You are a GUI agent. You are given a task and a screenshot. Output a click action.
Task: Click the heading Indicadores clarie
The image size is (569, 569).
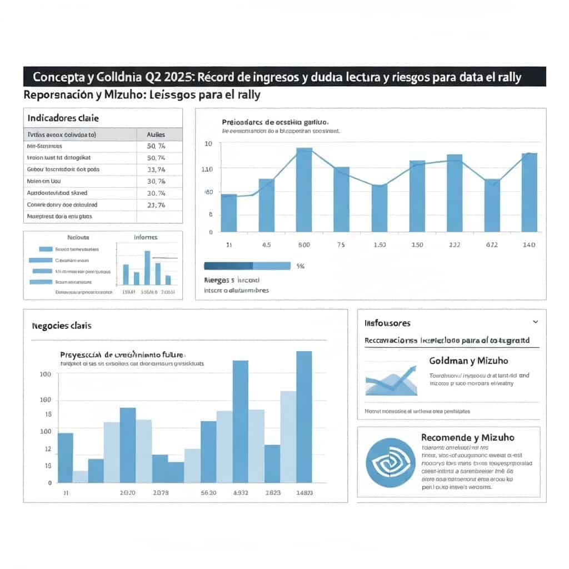click(x=63, y=118)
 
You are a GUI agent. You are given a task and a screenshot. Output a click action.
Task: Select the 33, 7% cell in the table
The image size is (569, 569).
click(x=156, y=169)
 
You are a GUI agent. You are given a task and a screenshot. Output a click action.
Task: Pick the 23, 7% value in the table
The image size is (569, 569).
click(x=156, y=205)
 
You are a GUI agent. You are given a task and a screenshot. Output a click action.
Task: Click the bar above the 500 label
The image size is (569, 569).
click(x=304, y=189)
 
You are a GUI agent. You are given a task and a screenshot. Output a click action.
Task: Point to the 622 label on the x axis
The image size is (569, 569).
click(x=492, y=244)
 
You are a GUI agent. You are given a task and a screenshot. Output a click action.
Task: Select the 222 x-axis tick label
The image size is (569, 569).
click(x=455, y=244)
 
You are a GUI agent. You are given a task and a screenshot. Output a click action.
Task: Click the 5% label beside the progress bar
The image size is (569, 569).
click(x=301, y=266)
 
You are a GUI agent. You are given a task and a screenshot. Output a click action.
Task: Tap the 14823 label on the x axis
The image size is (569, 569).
click(x=305, y=493)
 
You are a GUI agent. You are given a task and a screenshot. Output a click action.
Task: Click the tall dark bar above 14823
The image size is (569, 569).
click(x=304, y=417)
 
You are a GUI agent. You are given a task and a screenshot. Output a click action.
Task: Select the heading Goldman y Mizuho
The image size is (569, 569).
click(x=468, y=361)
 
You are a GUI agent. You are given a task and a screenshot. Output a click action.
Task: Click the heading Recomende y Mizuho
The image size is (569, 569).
click(x=468, y=437)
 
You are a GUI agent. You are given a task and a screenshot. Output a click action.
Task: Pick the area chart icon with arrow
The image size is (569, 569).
click(x=391, y=380)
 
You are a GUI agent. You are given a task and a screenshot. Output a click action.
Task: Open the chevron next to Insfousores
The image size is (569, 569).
click(x=535, y=322)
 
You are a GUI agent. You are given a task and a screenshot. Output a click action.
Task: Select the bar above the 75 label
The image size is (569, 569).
click(x=341, y=199)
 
